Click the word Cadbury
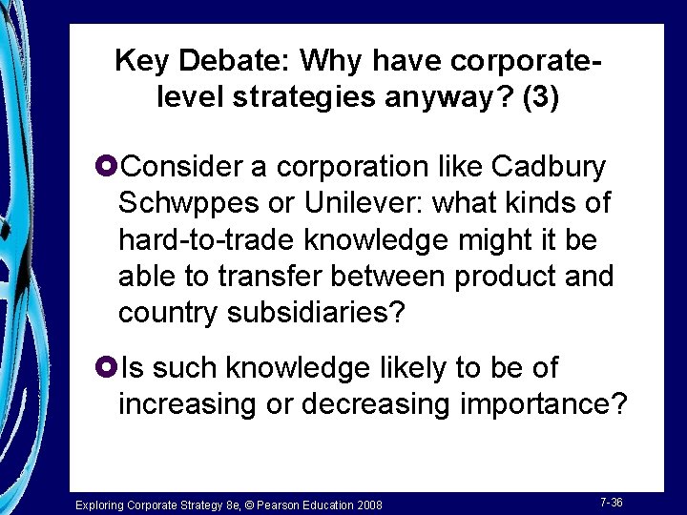[x=548, y=167]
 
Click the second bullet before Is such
[x=107, y=367]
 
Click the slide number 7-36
[x=611, y=503]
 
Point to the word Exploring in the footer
[x=98, y=504]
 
